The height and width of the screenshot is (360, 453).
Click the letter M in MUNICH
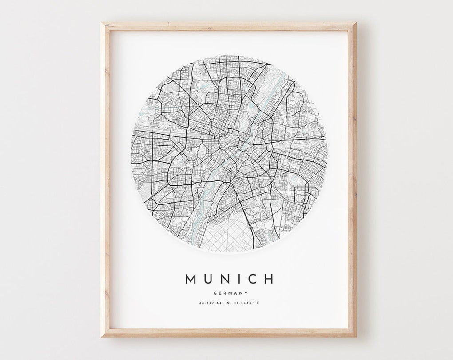[x=190, y=279]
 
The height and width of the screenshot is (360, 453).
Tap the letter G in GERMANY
[x=215, y=293]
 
